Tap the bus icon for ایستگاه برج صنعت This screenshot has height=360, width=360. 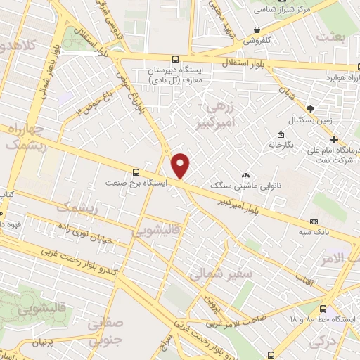[x=135, y=171]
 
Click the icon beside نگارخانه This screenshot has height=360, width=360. [x=281, y=134]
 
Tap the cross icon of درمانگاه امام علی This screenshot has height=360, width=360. [x=335, y=139]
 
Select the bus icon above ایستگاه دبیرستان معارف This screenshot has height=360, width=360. [x=175, y=60]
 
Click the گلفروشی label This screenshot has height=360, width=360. [x=258, y=40]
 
